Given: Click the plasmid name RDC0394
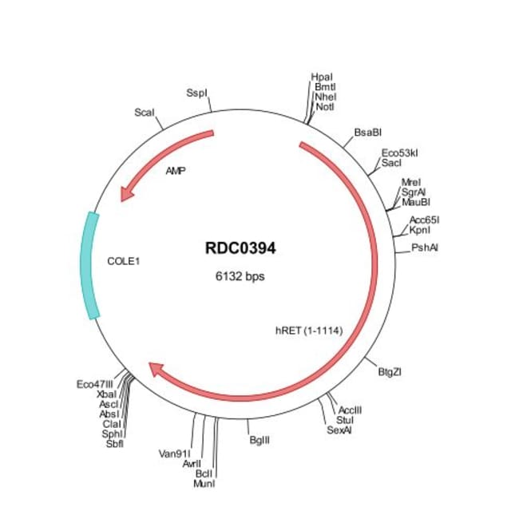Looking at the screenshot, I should tap(240, 249).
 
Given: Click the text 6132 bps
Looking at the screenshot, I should tap(240, 277).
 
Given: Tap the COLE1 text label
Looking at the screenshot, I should tap(124, 260).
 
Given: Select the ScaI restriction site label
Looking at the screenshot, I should tap(145, 113).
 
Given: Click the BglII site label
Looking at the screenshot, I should tap(260, 439).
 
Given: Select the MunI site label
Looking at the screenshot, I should tap(206, 483).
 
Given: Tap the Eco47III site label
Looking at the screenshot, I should tap(95, 384).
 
